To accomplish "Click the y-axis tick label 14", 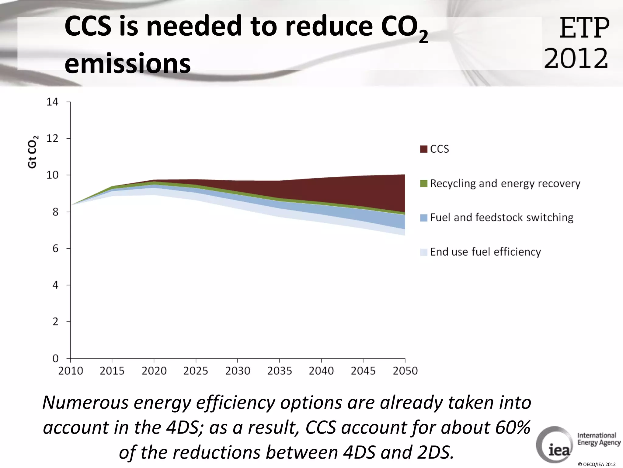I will coord(52,102).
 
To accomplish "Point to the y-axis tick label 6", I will coord(55,249).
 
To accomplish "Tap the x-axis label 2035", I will coord(279,371).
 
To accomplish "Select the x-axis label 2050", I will coord(405,371).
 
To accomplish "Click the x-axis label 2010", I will coord(71,371).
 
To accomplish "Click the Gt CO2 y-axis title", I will coord(33,151).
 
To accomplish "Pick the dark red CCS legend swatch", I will coord(423,149).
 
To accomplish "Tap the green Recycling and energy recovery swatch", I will coord(423,183).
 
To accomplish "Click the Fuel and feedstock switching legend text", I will coord(502,218).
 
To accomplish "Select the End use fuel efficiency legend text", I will coord(486,252).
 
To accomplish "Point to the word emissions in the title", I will coord(127,63).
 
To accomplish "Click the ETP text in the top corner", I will coord(584,28).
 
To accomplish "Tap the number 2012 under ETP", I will coord(576,58).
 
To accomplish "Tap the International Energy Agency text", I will coord(598,439).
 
